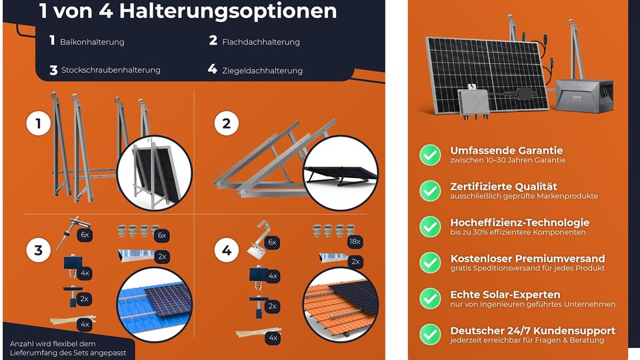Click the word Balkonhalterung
pyautogui.click(x=92, y=42)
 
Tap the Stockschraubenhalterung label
pyautogui.click(x=111, y=70)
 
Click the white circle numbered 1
pyautogui.click(x=39, y=123)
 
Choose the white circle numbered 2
pyautogui.click(x=227, y=123)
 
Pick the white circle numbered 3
pyautogui.click(x=39, y=250)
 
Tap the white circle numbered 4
pyautogui.click(x=227, y=250)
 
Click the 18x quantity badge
pyautogui.click(x=355, y=241)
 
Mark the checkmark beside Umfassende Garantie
pyautogui.click(x=430, y=155)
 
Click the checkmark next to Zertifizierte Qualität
pyautogui.click(x=430, y=191)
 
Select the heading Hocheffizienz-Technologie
pyautogui.click(x=519, y=223)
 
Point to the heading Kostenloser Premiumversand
pyautogui.click(x=527, y=259)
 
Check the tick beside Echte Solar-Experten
pyautogui.click(x=430, y=299)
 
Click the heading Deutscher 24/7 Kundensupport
pyautogui.click(x=533, y=331)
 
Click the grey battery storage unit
pyautogui.click(x=584, y=95)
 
